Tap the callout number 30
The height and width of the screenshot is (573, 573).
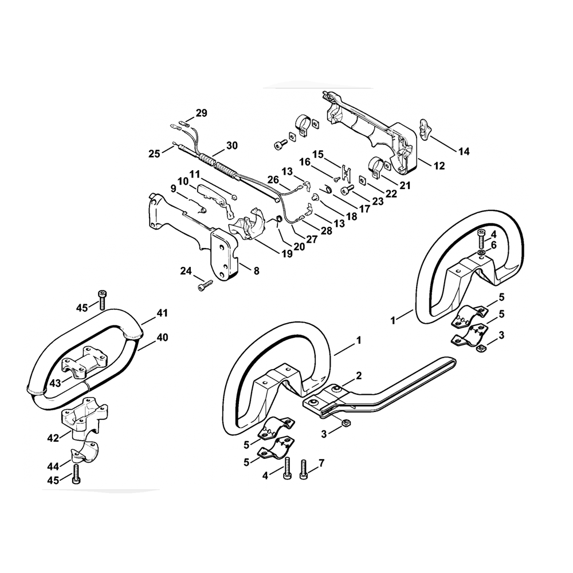(x=231, y=146)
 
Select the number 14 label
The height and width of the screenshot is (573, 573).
(x=464, y=151)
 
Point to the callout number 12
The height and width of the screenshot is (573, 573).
(x=439, y=166)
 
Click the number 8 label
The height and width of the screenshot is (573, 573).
(x=256, y=270)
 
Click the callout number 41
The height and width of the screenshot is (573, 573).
(x=163, y=313)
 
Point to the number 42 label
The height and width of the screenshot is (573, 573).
(x=53, y=439)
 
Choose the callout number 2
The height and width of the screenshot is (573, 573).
(x=359, y=375)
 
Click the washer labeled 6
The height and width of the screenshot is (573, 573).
(x=481, y=253)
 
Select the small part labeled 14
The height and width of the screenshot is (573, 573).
(x=425, y=128)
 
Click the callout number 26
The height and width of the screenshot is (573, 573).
(x=274, y=180)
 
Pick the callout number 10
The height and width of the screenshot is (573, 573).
(x=183, y=181)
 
